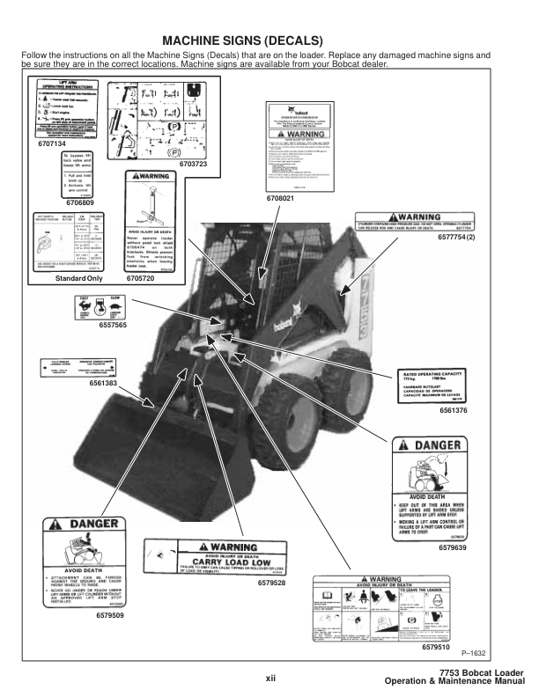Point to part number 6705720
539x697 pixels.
(140, 278)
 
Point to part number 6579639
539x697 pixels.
(455, 547)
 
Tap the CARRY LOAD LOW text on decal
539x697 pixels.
(227, 561)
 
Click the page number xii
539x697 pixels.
(271, 677)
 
